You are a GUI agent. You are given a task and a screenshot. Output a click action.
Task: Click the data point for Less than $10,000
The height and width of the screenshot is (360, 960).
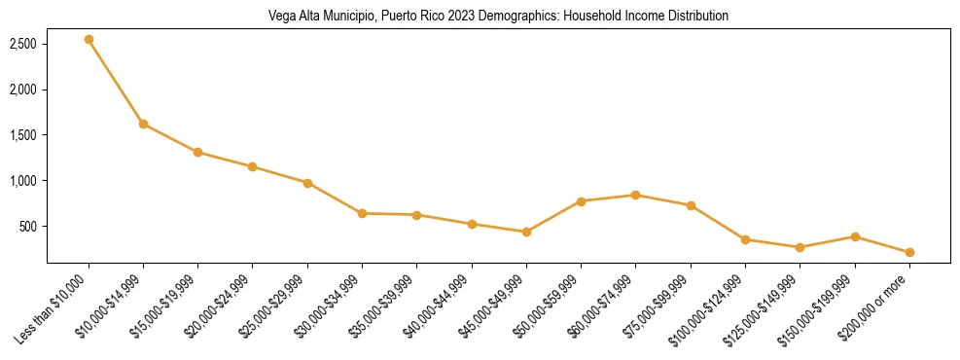[x=89, y=40]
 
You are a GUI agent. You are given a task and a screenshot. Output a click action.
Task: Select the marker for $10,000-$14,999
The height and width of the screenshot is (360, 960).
[x=143, y=124]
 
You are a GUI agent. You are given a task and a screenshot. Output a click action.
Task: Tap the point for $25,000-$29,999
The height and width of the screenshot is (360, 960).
[x=307, y=183]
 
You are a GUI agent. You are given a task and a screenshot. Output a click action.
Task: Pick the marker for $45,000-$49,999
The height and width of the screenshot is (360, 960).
[x=526, y=232]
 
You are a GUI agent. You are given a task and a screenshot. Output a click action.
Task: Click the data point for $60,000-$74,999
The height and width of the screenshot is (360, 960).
[x=635, y=195]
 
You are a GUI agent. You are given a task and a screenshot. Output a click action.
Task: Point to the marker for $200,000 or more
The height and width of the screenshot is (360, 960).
[x=909, y=252]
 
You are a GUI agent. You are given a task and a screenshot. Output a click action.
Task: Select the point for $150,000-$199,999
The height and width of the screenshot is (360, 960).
[x=855, y=236]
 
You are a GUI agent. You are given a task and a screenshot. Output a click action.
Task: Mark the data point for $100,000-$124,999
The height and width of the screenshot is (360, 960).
[x=745, y=239]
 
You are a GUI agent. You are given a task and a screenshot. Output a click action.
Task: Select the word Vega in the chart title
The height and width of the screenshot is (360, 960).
[x=282, y=17]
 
